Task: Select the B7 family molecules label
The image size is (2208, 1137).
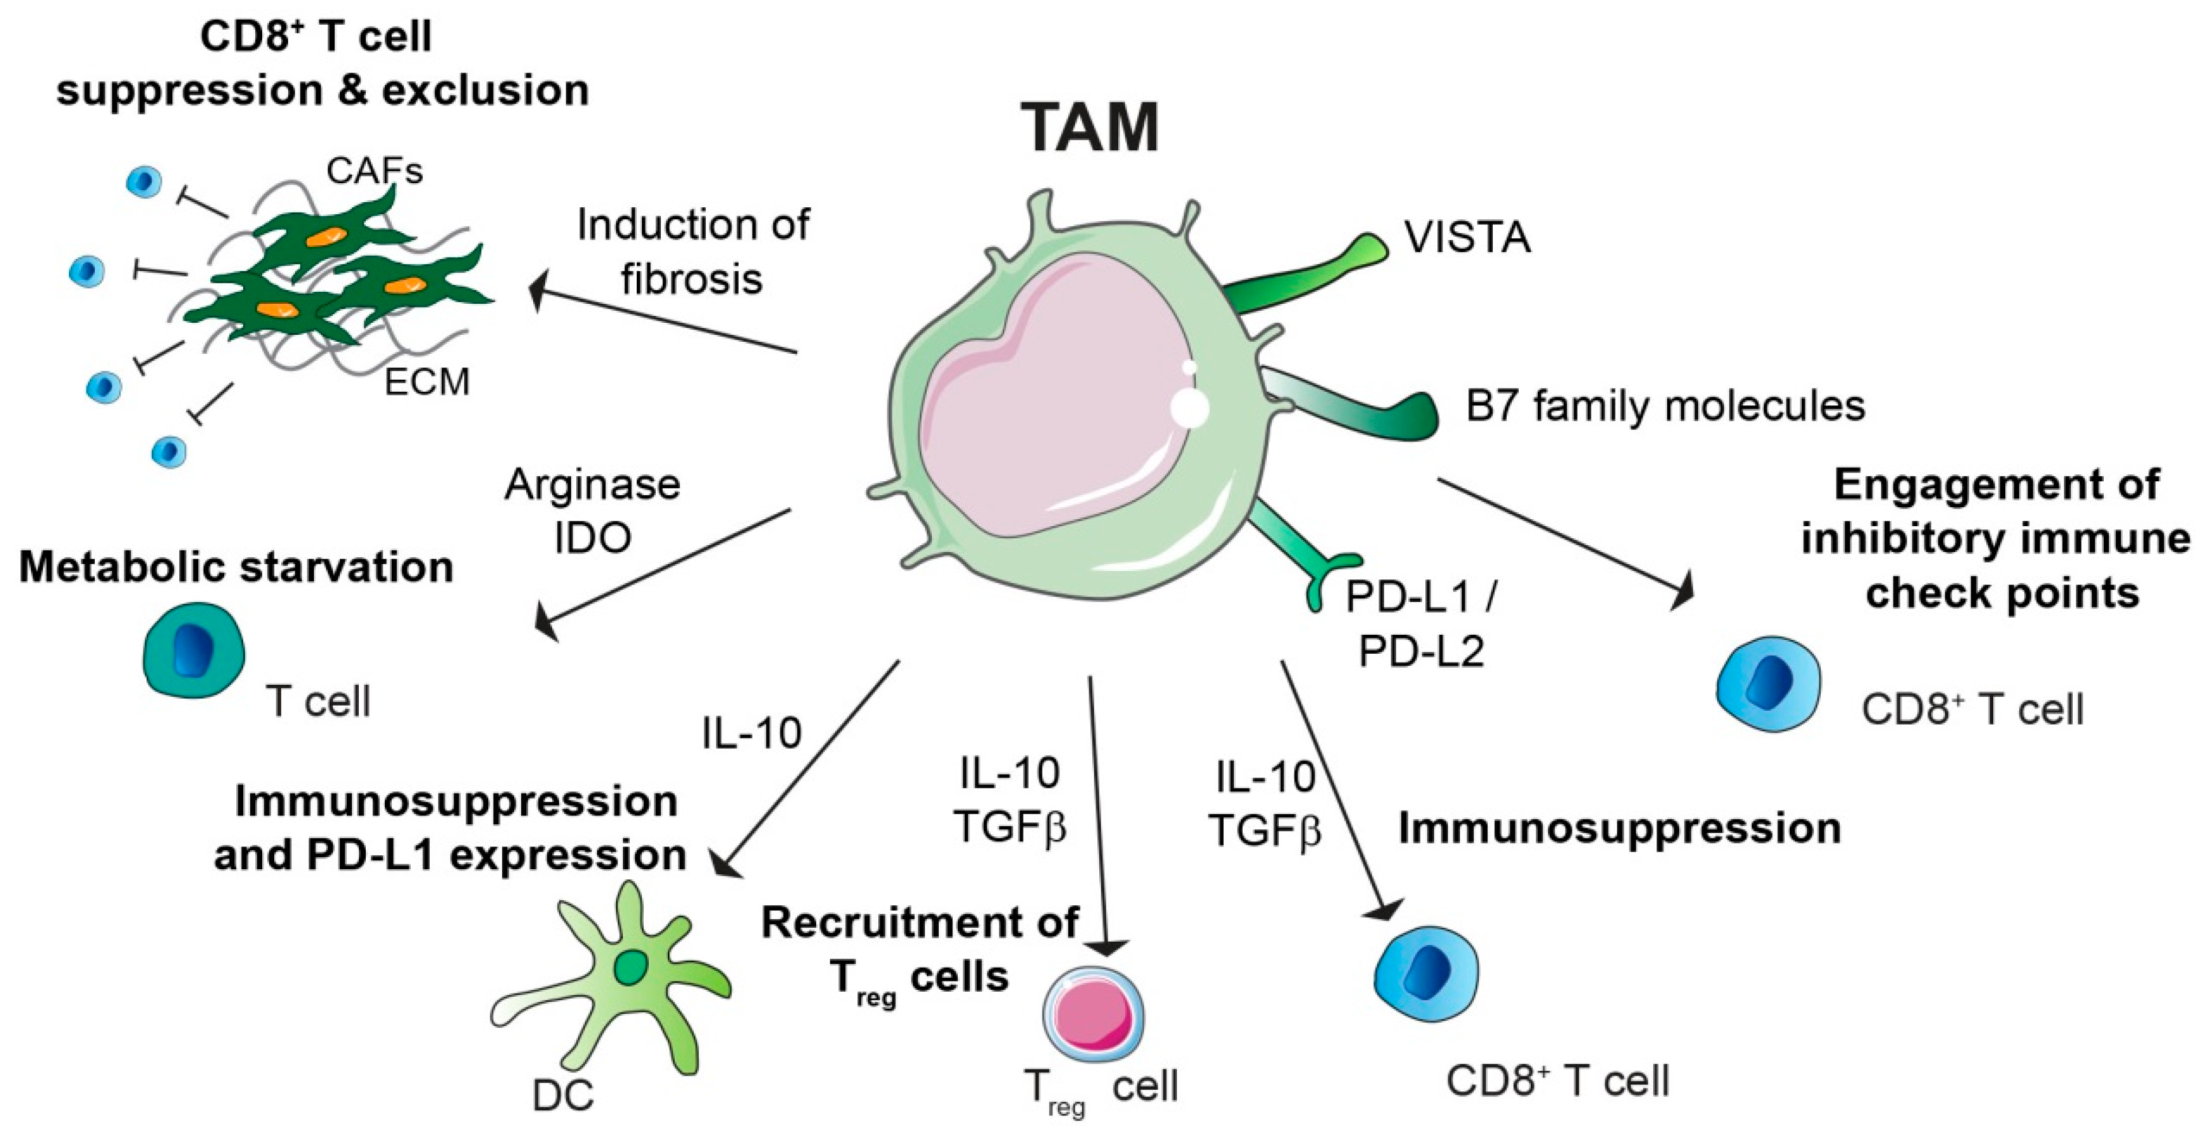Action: click(x=1665, y=406)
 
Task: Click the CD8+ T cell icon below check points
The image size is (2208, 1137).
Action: click(x=1768, y=683)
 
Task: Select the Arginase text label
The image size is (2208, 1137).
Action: click(x=593, y=485)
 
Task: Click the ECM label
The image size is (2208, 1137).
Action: click(x=427, y=382)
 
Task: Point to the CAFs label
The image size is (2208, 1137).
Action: click(x=375, y=171)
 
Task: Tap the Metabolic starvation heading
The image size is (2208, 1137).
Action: click(x=236, y=567)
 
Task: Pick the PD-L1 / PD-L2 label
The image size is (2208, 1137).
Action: click(x=1421, y=623)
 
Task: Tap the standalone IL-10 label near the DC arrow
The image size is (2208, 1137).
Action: click(x=752, y=733)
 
